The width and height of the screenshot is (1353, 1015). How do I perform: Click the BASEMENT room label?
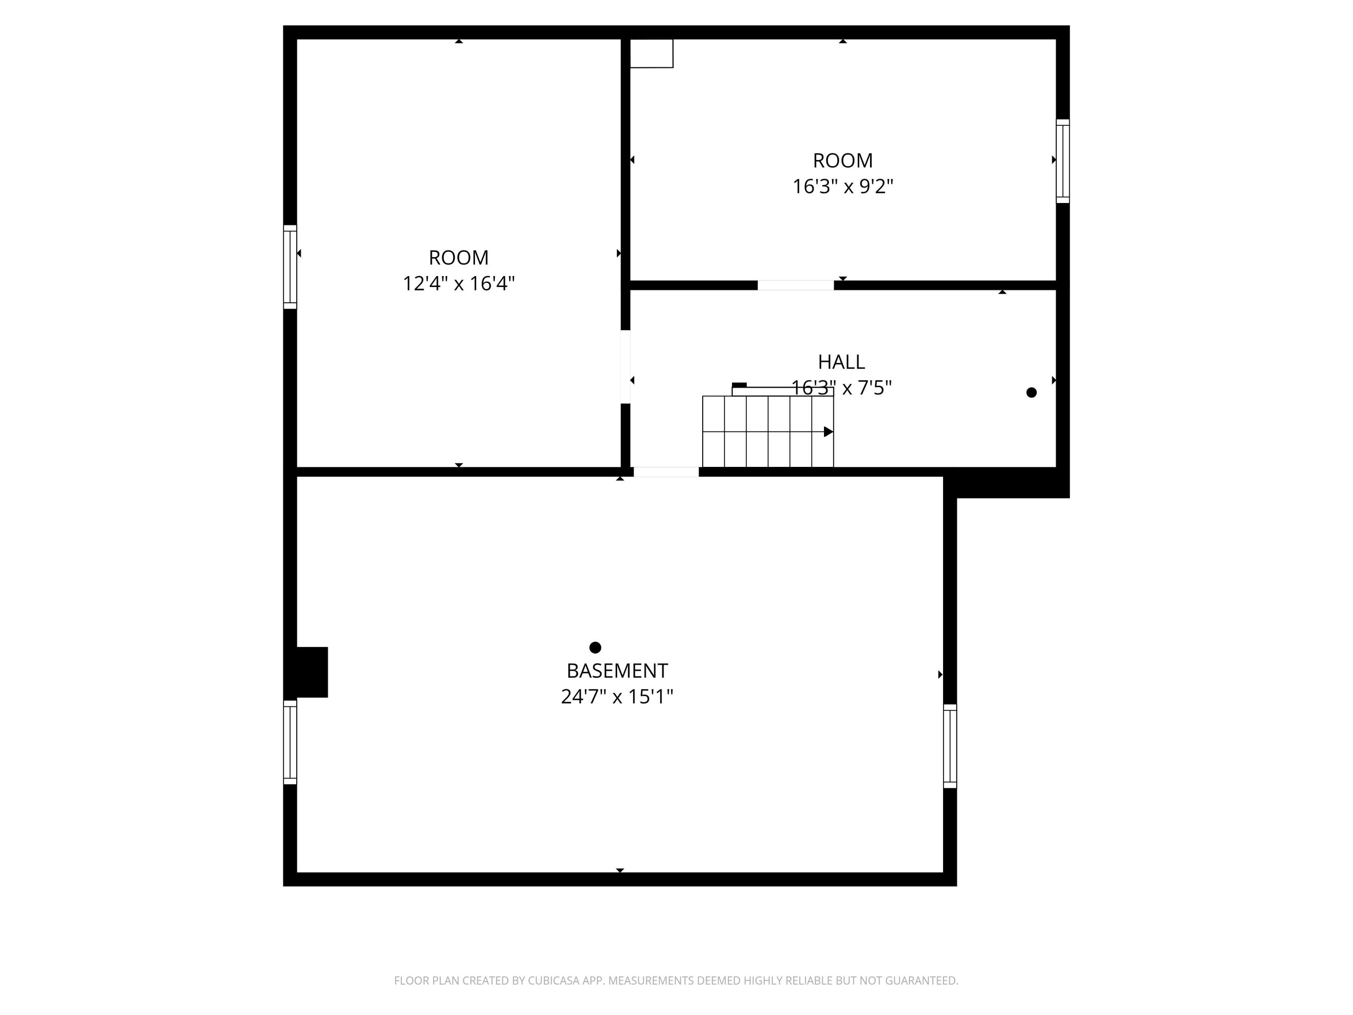pyautogui.click(x=617, y=670)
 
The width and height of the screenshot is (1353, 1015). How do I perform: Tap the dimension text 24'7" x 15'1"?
pyautogui.click(x=617, y=696)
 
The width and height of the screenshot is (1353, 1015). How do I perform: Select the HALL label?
pyautogui.click(x=841, y=362)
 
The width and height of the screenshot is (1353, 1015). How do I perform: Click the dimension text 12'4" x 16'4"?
pyautogui.click(x=458, y=283)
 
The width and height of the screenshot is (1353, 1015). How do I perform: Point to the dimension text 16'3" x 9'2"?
pyautogui.click(x=842, y=186)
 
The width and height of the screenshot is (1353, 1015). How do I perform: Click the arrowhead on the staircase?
pyautogui.click(x=828, y=432)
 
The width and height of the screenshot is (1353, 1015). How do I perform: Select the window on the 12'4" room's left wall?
pyautogui.click(x=290, y=267)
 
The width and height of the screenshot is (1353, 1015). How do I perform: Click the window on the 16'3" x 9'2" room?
pyautogui.click(x=1063, y=161)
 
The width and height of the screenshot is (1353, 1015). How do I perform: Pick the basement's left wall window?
pyautogui.click(x=290, y=742)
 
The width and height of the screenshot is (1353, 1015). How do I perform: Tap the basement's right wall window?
pyautogui.click(x=949, y=746)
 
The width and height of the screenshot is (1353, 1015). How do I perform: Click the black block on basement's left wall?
pyautogui.click(x=312, y=672)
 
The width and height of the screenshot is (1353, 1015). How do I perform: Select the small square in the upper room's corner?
pyautogui.click(x=651, y=53)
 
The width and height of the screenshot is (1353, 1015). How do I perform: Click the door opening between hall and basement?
pyautogui.click(x=666, y=472)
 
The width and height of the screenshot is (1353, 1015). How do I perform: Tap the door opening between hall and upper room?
pyautogui.click(x=795, y=285)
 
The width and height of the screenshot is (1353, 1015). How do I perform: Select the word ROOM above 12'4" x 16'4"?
pyautogui.click(x=458, y=258)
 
